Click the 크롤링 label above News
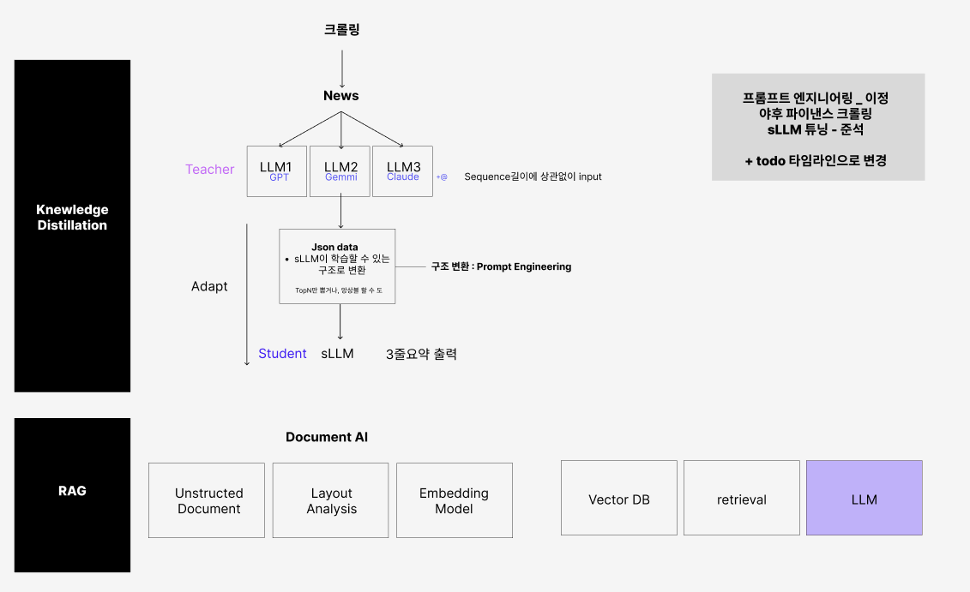click(x=341, y=30)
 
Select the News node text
click(x=340, y=95)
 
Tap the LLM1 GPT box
click(x=276, y=171)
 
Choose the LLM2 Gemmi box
click(x=340, y=171)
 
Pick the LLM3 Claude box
click(x=403, y=171)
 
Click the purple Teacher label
click(x=209, y=170)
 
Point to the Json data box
click(x=337, y=266)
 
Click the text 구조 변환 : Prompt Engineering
click(x=501, y=266)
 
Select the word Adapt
click(x=209, y=286)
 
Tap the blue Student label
click(x=282, y=354)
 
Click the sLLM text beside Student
click(x=337, y=354)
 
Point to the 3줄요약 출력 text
click(x=421, y=354)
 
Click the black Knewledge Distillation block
click(x=72, y=225)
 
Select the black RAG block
click(x=72, y=494)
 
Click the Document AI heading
click(x=327, y=437)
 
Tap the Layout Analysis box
click(x=330, y=500)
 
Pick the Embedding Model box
click(x=454, y=500)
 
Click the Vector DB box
click(x=618, y=499)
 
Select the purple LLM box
click(x=864, y=499)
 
